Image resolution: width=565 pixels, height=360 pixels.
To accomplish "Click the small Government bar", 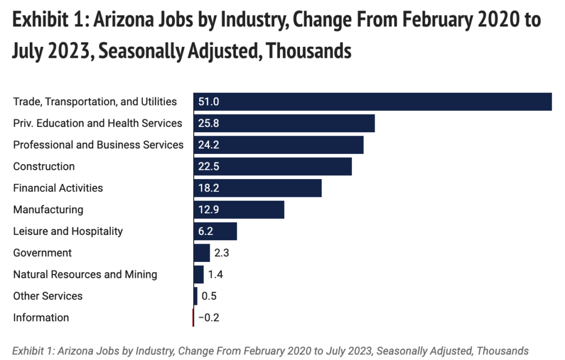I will click(x=201, y=253).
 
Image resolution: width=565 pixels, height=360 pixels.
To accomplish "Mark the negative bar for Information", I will click(x=193, y=318).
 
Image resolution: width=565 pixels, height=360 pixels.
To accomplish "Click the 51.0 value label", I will click(x=209, y=101).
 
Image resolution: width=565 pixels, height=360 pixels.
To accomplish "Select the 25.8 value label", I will click(x=209, y=123).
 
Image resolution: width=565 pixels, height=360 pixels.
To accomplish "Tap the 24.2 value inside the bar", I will click(x=209, y=145).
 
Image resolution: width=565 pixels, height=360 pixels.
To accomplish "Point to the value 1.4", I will click(x=215, y=275).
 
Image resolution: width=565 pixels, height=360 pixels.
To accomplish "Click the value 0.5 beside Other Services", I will click(x=209, y=296).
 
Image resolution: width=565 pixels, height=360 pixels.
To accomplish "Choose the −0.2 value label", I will click(x=210, y=318).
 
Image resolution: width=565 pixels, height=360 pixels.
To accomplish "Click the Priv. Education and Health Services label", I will click(x=98, y=123).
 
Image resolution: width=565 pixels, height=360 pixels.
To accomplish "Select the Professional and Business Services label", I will click(x=98, y=145).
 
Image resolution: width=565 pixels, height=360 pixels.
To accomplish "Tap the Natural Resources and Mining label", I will click(x=85, y=275).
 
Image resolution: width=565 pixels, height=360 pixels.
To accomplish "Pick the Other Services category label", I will click(x=48, y=296).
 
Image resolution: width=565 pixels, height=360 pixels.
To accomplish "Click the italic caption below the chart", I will click(x=270, y=351).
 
